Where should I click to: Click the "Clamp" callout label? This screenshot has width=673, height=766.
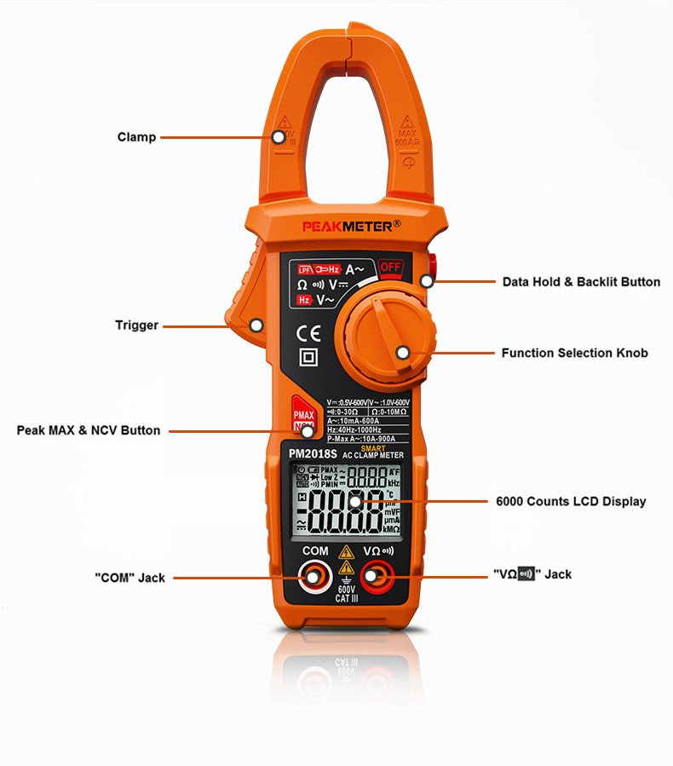click(x=136, y=137)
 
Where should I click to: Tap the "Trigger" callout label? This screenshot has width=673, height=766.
click(x=136, y=325)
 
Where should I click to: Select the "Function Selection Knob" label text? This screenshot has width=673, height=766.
click(x=574, y=353)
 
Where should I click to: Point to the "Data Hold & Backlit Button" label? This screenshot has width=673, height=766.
click(x=581, y=282)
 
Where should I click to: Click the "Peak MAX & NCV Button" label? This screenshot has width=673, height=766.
click(x=89, y=430)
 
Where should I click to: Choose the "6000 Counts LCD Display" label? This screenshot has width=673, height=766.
click(x=571, y=501)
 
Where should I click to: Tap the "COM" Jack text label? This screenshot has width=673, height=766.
click(x=129, y=578)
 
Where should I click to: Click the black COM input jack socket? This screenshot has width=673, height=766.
click(x=314, y=578)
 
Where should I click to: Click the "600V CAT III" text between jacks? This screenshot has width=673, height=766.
click(x=346, y=593)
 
